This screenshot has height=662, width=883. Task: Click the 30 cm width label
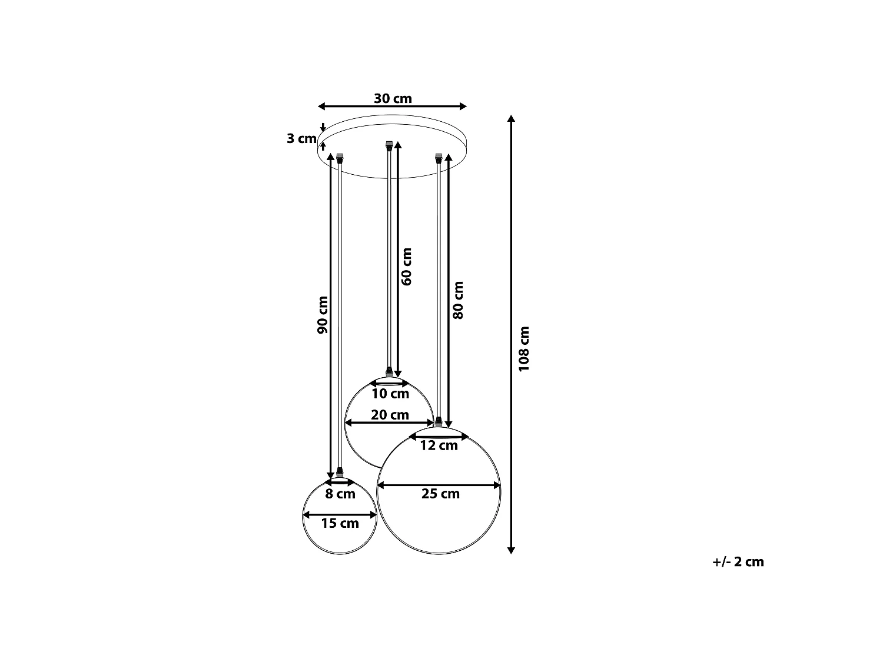tap(393, 98)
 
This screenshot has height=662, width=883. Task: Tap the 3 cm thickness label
tap(301, 138)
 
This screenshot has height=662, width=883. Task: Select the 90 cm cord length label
tap(323, 315)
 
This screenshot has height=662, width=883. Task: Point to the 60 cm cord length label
tap(407, 267)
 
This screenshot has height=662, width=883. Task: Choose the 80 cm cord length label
tap(458, 300)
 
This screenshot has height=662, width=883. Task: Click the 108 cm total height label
tap(524, 349)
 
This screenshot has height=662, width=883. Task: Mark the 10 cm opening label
tap(390, 394)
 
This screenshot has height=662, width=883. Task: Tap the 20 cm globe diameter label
tap(390, 415)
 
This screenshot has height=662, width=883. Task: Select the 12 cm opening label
tap(439, 445)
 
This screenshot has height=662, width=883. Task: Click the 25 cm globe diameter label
tap(440, 494)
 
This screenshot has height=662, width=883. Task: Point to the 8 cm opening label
tap(340, 494)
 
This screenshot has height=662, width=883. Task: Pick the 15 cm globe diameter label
tap(340, 523)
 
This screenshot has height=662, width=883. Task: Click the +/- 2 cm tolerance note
tap(738, 561)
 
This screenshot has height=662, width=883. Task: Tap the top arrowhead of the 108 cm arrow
tap(511, 118)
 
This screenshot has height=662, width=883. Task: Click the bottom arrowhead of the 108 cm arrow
tap(511, 551)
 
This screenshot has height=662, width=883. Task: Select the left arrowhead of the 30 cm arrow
tap(321, 106)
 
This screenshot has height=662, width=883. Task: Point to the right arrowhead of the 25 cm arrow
tap(497, 485)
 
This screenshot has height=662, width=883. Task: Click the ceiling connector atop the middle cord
tap(389, 146)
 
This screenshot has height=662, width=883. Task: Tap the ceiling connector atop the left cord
tap(340, 158)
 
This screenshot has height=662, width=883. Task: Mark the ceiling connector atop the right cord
tap(439, 158)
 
